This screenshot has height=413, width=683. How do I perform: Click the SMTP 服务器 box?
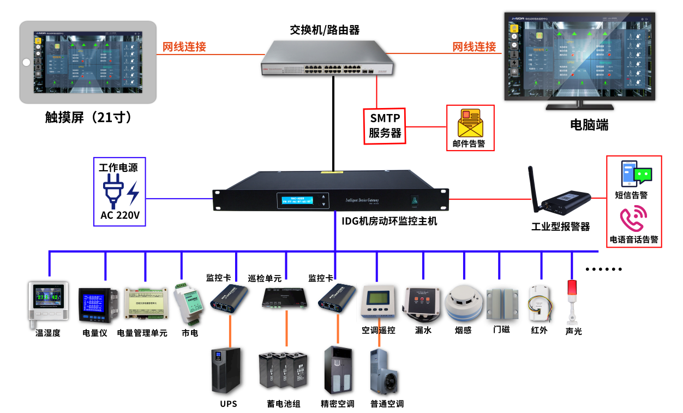pyautogui.click(x=385, y=125)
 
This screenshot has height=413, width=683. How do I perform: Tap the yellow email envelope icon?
pyautogui.click(x=469, y=123)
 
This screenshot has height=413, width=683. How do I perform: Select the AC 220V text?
pyautogui.click(x=120, y=216)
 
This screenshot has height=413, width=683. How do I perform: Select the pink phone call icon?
pyautogui.click(x=633, y=219)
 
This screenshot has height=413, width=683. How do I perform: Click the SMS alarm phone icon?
pyautogui.click(x=629, y=173)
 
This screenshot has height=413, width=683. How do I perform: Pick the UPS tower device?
pyautogui.click(x=226, y=370)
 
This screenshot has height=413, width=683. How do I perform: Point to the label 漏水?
pyautogui.click(x=423, y=330)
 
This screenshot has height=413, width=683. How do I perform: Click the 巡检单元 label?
pyautogui.click(x=265, y=278)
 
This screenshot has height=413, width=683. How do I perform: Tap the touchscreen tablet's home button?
pyautogui.click(x=26, y=62)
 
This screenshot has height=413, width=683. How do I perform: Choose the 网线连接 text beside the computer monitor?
pyautogui.click(x=474, y=47)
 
